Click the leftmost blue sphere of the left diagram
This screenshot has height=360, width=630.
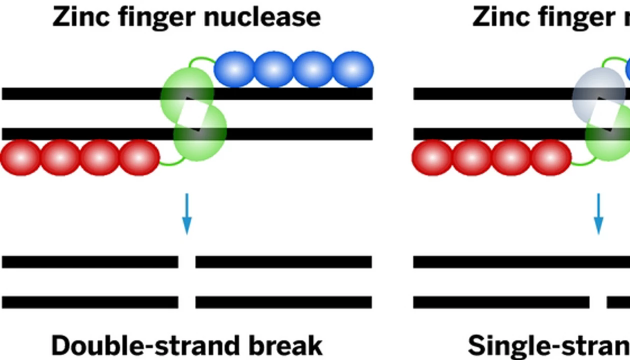pyautogui.click(x=234, y=69)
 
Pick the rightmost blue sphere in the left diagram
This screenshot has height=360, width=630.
pyautogui.click(x=353, y=69)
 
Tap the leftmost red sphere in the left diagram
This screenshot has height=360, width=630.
pyautogui.click(x=20, y=157)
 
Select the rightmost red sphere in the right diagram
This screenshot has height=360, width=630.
pyautogui.click(x=551, y=157)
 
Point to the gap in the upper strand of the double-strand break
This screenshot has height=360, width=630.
pyautogui.click(x=186, y=262)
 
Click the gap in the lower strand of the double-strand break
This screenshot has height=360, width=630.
pyautogui.click(x=186, y=302)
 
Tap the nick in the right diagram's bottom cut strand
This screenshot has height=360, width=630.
pyautogui.click(x=598, y=302)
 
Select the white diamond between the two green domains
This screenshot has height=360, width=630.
pyautogui.click(x=192, y=115)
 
